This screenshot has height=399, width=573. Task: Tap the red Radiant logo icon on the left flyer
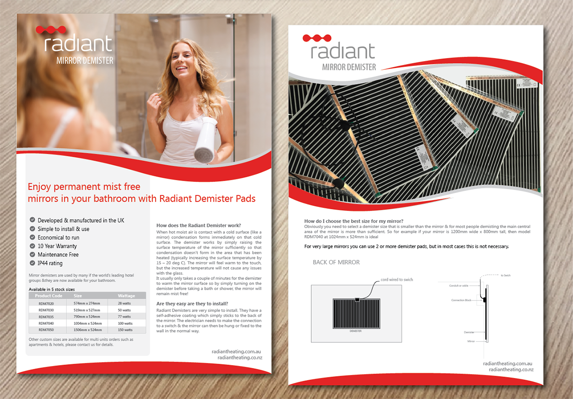tap(48, 30)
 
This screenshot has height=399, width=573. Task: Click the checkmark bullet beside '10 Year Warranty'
tap(32, 246)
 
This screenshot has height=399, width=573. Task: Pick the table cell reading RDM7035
tap(46, 316)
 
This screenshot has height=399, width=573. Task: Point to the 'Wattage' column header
tap(126, 296)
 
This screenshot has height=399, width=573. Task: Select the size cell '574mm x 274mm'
tap(89, 303)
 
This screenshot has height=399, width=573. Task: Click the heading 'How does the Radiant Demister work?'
tap(199, 226)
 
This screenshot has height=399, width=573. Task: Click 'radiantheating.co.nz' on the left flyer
tap(240, 357)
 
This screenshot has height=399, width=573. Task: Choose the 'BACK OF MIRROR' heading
tap(336, 262)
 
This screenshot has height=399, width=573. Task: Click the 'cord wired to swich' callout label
tap(397, 280)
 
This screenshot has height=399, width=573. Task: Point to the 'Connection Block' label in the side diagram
tap(461, 301)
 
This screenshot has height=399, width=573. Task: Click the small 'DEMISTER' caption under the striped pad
tap(356, 331)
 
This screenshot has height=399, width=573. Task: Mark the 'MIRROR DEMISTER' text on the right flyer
tap(349, 67)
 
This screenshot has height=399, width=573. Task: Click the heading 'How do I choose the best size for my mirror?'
tap(354, 221)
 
